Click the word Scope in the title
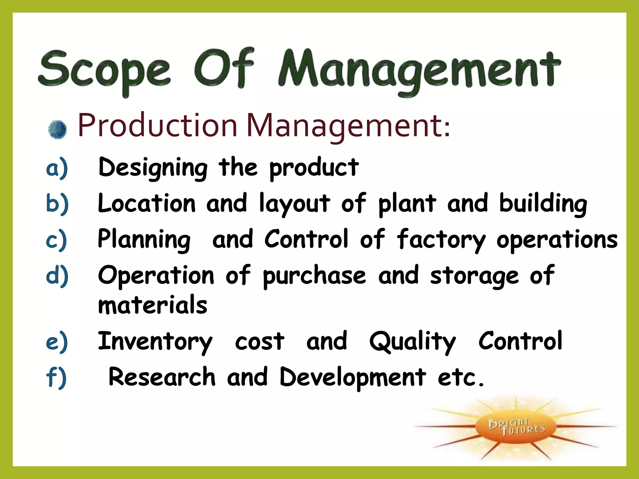(105, 70)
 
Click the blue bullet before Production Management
(57, 129)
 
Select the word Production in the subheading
(158, 125)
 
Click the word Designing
(153, 168)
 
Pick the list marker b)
(57, 204)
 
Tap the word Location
(147, 203)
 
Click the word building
(543, 204)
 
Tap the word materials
(153, 305)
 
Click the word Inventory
(155, 342)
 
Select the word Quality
(412, 342)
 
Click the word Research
(162, 377)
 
